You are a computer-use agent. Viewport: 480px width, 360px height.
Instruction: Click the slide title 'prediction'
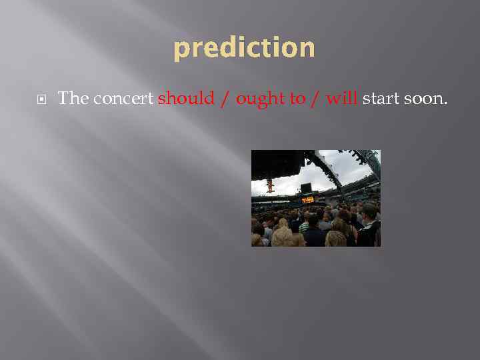[x=244, y=49]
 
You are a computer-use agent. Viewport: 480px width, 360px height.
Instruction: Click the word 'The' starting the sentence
[x=73, y=99]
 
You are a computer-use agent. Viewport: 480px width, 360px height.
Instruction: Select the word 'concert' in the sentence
[x=124, y=99]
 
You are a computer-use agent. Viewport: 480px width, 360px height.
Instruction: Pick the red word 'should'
[x=186, y=99]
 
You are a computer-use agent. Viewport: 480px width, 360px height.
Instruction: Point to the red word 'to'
[x=297, y=99]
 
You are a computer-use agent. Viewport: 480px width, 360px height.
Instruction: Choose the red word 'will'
[x=343, y=99]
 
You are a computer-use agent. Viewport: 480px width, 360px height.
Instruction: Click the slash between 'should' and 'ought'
[x=225, y=99]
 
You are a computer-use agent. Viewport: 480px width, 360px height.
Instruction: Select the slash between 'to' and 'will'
[x=316, y=99]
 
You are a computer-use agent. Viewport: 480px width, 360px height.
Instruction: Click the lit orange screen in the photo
[x=307, y=199]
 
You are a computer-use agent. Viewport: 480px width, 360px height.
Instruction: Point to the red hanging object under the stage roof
[x=270, y=185]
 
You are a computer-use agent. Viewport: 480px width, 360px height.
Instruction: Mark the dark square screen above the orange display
[x=306, y=187]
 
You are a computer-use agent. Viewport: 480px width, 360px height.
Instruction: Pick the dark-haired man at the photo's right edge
[x=369, y=223]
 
